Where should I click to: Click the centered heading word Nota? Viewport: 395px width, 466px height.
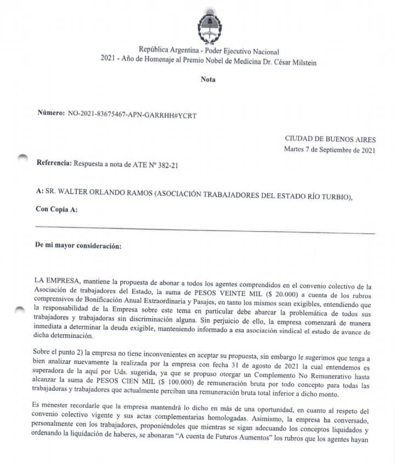pos(208,79)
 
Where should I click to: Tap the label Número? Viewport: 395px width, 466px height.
pos(51,113)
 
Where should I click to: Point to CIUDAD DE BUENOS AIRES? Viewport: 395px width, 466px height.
pos(330,139)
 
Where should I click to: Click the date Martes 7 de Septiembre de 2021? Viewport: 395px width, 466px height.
pos(330,150)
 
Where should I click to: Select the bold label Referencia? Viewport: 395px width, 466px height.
pos(54,163)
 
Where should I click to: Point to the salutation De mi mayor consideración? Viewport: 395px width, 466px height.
pos(78,246)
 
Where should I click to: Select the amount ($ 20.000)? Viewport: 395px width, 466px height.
pos(288,290)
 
